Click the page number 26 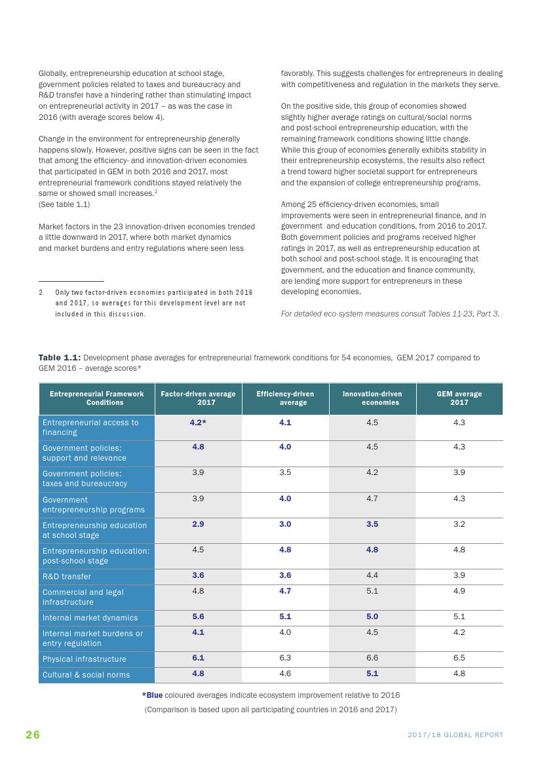(33, 735)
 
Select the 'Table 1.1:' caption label (60, 358)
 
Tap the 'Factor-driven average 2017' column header (198, 398)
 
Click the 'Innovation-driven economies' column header (372, 398)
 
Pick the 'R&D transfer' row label (67, 577)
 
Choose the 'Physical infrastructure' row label (85, 659)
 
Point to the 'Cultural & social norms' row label (87, 675)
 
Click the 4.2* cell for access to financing (198, 423)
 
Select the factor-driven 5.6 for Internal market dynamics (198, 617)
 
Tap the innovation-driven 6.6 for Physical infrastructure (372, 658)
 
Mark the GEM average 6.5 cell (459, 658)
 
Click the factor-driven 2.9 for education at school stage (198, 524)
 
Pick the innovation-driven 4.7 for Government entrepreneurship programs (372, 499)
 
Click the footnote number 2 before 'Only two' (41, 292)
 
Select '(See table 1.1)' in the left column (64, 204)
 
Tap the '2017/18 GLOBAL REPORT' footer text (455, 735)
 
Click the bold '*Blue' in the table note (153, 695)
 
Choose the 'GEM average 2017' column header (459, 398)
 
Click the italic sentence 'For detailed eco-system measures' (390, 314)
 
